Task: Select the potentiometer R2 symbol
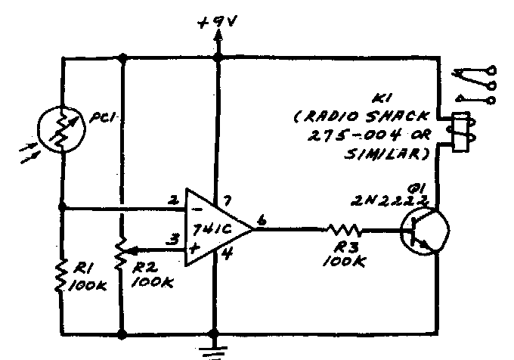122,257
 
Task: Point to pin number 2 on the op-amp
173,201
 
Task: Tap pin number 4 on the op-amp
225,255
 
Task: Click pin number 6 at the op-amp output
261,219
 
